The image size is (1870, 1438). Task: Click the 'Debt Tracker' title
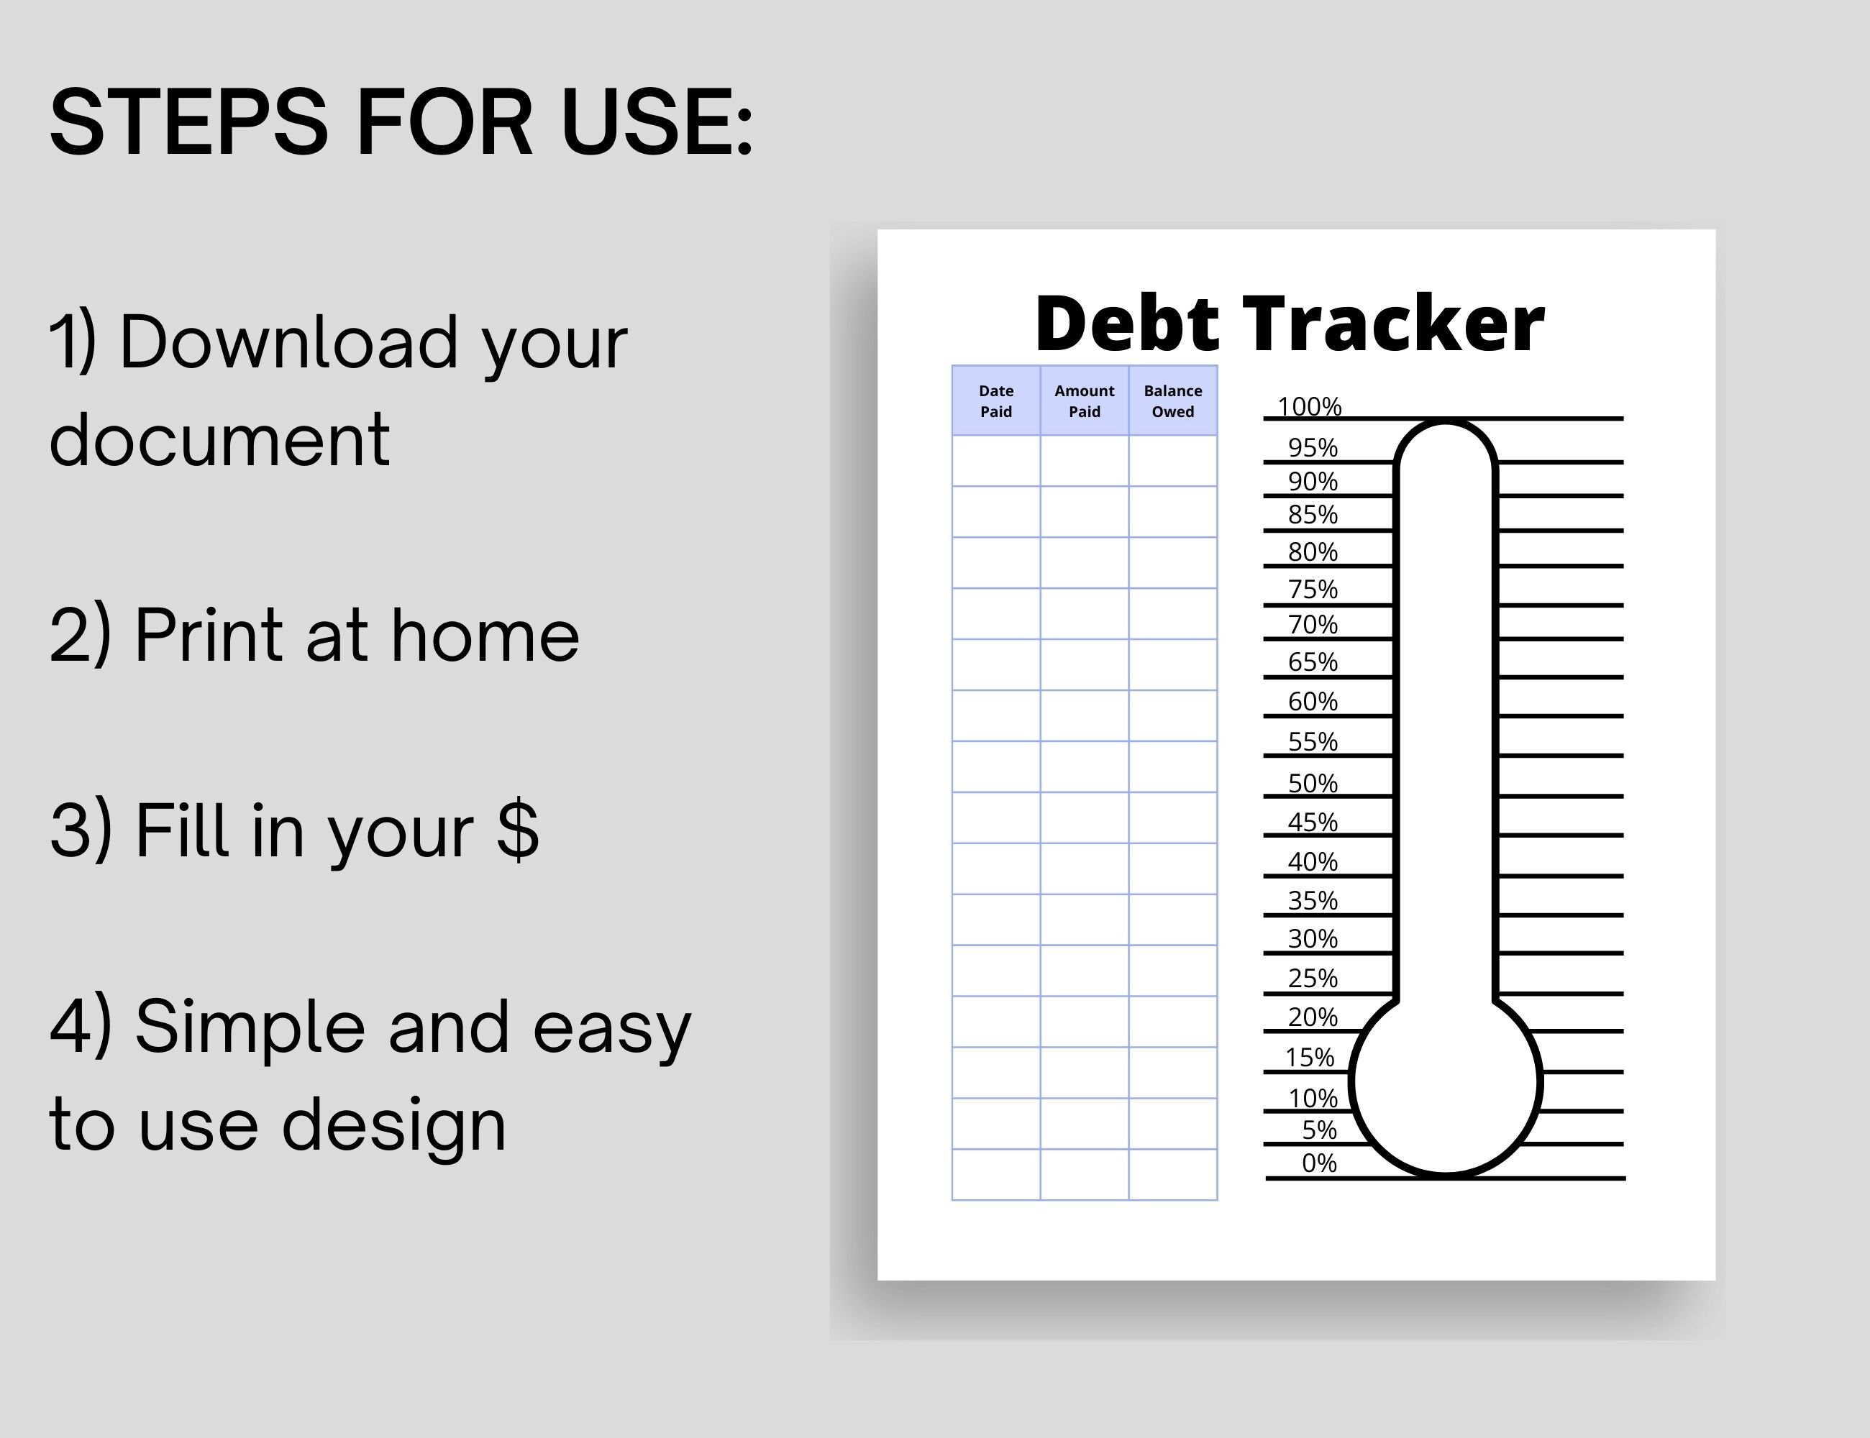point(1290,324)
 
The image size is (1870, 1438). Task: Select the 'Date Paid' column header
point(996,400)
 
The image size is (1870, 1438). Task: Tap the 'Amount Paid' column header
point(1084,400)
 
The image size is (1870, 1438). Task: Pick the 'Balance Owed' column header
point(1172,400)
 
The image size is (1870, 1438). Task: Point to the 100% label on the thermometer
point(1309,406)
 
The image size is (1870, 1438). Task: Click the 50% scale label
point(1313,783)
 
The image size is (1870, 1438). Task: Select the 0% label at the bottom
point(1318,1163)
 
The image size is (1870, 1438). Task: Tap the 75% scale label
point(1313,589)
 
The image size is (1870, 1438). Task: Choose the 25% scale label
point(1313,978)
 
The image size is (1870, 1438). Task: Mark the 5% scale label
point(1318,1130)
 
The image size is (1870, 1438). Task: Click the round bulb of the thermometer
point(1446,1083)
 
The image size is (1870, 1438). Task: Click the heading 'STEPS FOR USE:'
point(401,122)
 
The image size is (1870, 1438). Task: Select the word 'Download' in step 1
point(288,342)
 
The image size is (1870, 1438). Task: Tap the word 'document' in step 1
point(219,440)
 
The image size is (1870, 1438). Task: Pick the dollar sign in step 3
point(517,830)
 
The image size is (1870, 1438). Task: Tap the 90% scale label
point(1313,481)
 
